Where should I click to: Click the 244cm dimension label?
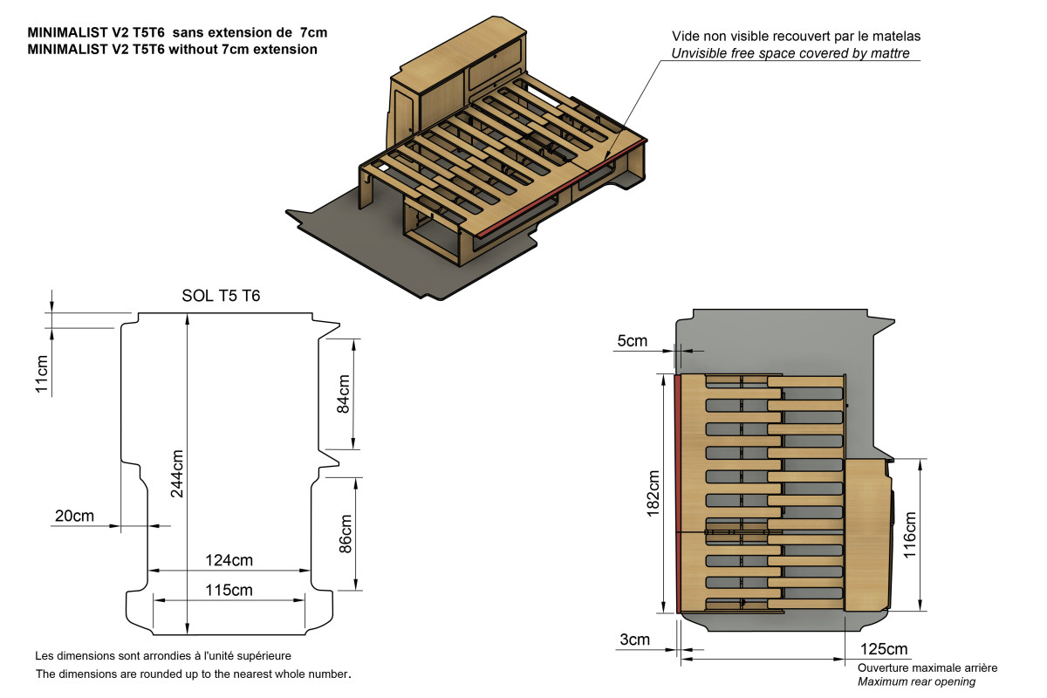tap(178, 474)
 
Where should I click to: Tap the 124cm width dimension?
tap(229, 559)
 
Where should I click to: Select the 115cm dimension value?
tap(229, 590)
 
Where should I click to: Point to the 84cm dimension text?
tap(343, 393)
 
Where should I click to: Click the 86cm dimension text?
tap(345, 533)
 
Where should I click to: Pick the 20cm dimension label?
tap(74, 516)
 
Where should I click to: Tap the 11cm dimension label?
tap(41, 373)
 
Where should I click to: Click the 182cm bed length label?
tap(653, 494)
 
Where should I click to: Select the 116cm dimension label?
tap(910, 534)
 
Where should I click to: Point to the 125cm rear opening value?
tap(884, 650)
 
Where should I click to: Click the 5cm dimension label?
tap(633, 340)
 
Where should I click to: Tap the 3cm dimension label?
tap(634, 640)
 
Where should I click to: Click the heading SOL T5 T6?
tap(221, 296)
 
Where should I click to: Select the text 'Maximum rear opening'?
tap(916, 681)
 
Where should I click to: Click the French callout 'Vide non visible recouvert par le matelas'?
tap(796, 37)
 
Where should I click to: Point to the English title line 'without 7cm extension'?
tap(172, 50)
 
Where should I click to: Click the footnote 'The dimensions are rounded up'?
tap(193, 674)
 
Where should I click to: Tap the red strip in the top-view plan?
tap(677, 493)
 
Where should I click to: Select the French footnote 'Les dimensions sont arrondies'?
tap(162, 655)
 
